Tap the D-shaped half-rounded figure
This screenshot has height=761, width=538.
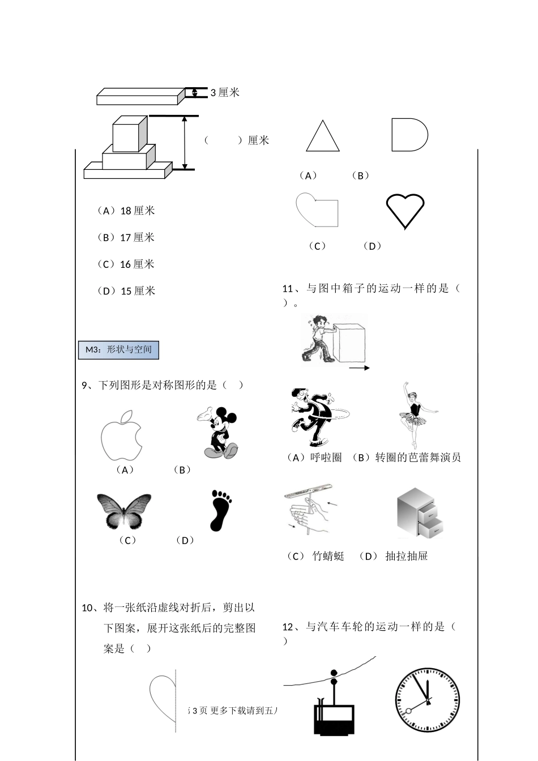pos(409,135)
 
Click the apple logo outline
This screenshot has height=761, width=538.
pos(121,435)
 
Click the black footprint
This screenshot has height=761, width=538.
pos(221,510)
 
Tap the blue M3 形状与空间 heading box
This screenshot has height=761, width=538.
pos(118,350)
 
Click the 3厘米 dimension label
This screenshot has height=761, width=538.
pos(225,93)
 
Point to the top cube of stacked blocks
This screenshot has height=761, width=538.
pos(130,134)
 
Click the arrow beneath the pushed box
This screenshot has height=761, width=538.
pos(359,368)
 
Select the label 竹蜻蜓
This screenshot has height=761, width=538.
pos(328,556)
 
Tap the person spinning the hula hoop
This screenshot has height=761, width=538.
pos(314,418)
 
